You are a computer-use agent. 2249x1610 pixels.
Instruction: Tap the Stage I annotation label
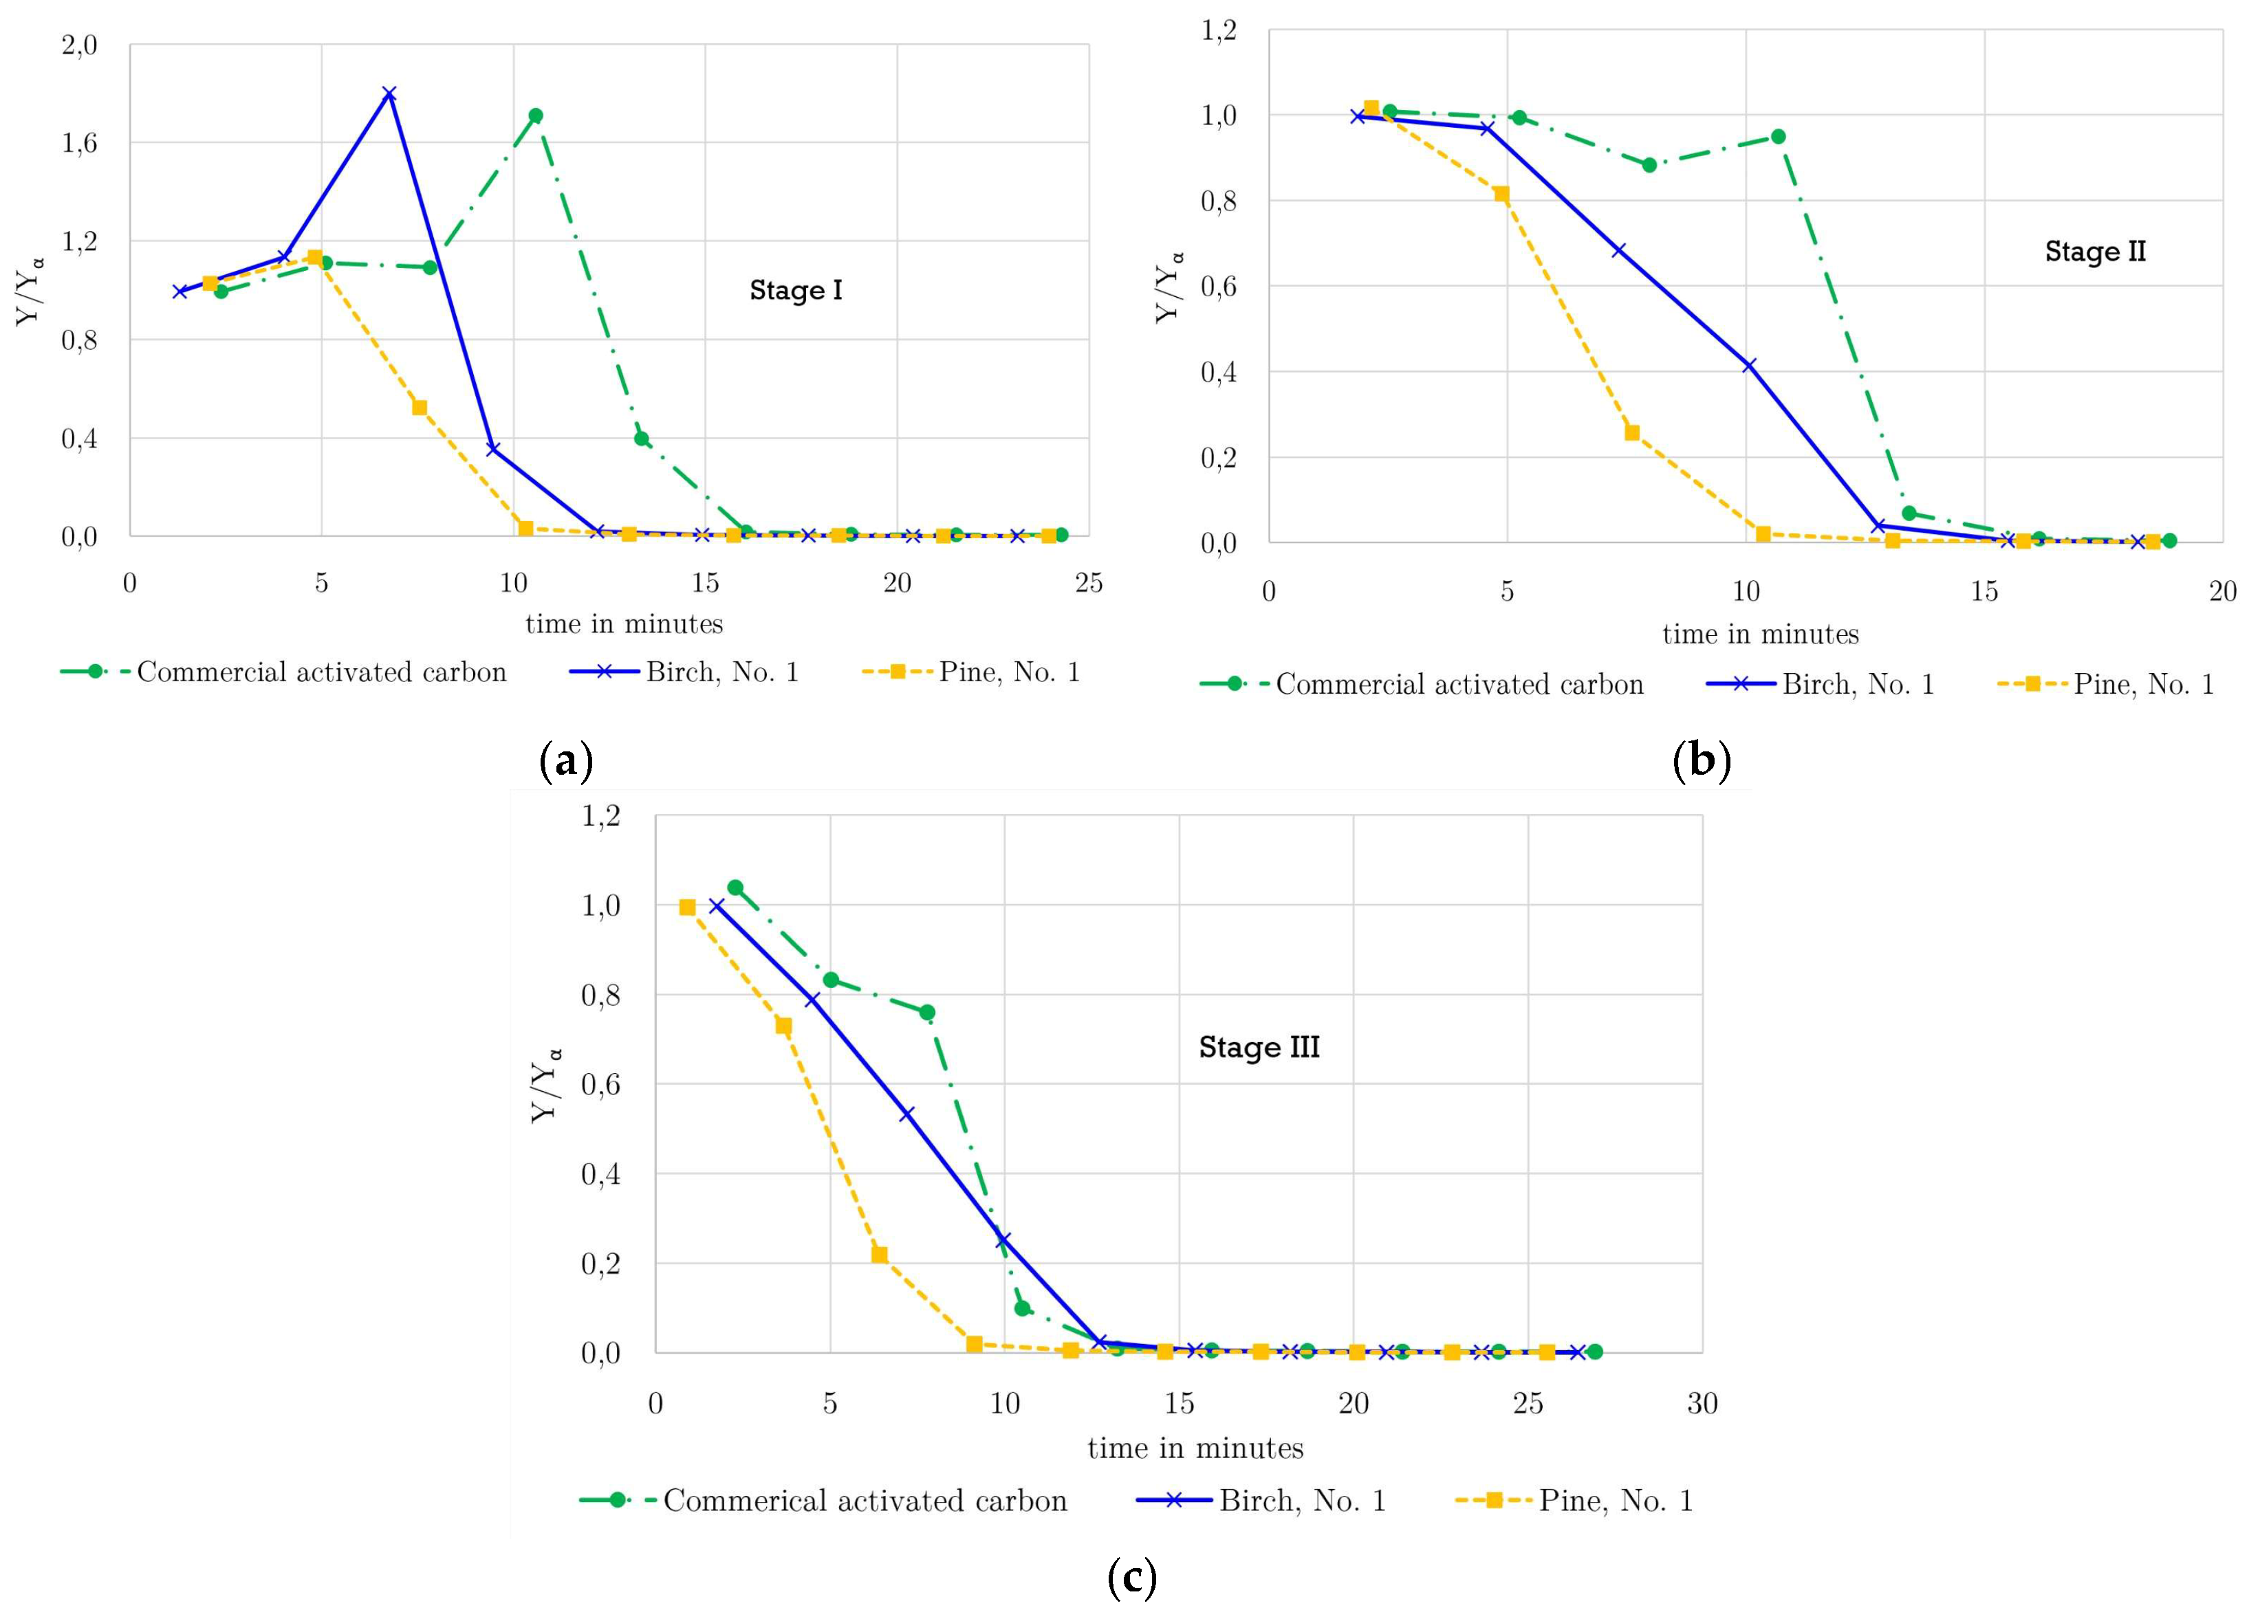point(795,291)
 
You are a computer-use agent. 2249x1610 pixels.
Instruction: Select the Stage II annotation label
point(2094,252)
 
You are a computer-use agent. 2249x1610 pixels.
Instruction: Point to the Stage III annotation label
point(1259,1048)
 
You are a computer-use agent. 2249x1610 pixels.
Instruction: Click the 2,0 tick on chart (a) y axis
point(79,45)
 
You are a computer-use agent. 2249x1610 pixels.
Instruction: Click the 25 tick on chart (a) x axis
point(1088,583)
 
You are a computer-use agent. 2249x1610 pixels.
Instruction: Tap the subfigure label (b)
point(1702,762)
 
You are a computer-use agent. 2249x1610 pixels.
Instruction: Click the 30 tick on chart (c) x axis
point(1702,1404)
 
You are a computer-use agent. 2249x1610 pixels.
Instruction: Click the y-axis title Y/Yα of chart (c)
point(546,1085)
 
